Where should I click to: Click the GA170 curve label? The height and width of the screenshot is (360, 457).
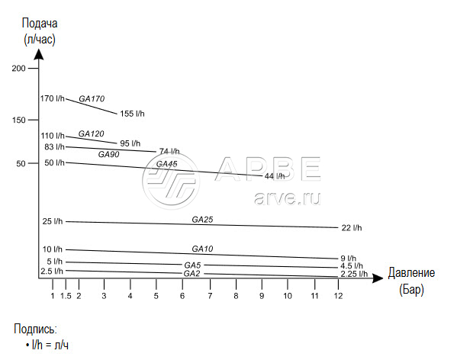click(92, 98)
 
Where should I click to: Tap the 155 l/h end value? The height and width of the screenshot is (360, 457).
click(132, 114)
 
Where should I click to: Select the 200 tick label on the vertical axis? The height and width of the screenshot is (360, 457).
click(18, 68)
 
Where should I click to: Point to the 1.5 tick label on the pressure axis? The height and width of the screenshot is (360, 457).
click(66, 296)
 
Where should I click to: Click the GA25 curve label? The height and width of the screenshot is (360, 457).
click(202, 220)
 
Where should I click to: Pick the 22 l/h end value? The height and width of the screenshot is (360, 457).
click(352, 228)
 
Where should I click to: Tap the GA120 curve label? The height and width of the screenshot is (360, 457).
click(92, 133)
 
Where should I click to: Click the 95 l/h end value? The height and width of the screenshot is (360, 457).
click(130, 143)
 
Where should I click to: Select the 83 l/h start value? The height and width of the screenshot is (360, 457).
click(54, 146)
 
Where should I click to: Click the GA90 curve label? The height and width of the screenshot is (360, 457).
click(108, 154)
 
